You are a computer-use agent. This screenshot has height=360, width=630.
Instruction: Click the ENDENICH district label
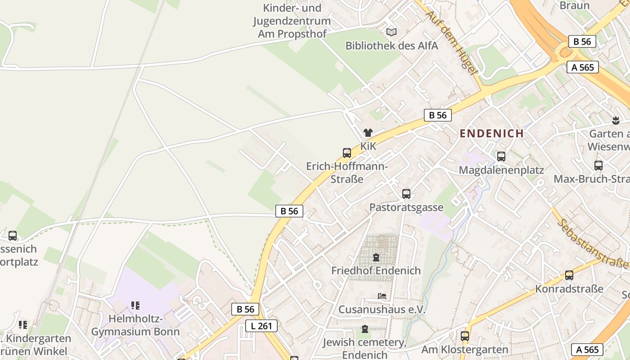pos(491,134)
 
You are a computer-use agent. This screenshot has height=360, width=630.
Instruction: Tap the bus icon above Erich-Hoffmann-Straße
pos(346,153)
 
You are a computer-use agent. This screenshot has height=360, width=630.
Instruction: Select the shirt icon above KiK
pos(368,132)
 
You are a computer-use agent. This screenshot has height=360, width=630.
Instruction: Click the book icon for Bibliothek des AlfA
pos(391,32)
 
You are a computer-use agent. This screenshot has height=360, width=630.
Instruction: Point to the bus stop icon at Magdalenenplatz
pos(501,157)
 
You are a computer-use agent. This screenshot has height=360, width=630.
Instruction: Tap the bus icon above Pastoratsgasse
pos(406,194)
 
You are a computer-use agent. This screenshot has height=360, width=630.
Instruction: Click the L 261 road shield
pos(261,326)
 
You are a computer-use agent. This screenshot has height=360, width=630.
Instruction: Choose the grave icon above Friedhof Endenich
pos(376,257)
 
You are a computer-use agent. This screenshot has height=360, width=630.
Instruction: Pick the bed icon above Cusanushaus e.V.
pos(382,296)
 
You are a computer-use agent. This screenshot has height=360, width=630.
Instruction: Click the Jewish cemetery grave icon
pos(364,329)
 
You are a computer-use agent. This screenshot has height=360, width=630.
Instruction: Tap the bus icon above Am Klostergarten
pos(464,336)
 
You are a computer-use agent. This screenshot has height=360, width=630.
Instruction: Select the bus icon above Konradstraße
pos(569,275)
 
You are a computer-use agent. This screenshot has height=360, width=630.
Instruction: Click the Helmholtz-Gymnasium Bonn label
pos(135,325)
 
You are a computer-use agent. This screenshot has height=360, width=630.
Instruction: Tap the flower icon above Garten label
pos(616,120)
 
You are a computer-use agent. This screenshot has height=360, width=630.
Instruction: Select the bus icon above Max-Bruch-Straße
pos(598,165)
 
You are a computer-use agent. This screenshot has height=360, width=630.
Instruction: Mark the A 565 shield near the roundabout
pos(583,67)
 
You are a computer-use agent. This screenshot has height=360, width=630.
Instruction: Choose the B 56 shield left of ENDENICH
pos(437,115)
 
